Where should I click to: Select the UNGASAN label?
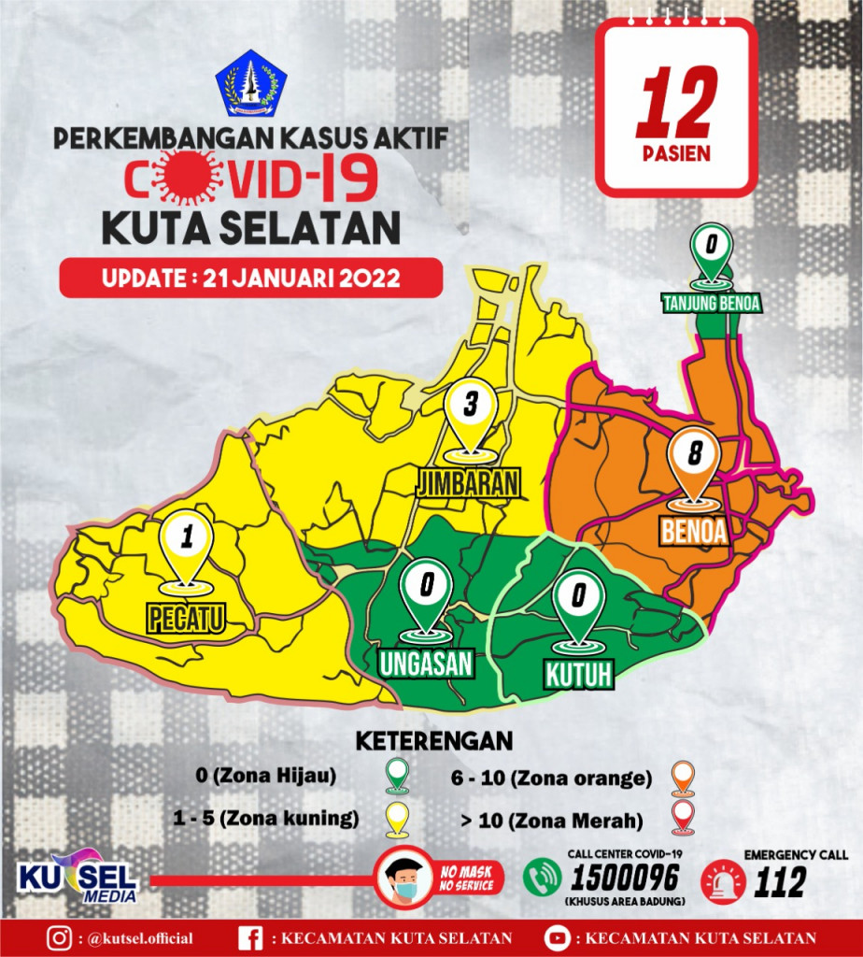coord(426,663)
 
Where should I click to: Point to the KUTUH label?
coord(580,673)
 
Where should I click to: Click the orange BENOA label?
coord(694,530)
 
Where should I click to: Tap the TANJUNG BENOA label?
coord(712,303)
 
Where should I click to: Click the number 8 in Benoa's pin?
coord(694,455)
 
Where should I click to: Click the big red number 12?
coord(676,103)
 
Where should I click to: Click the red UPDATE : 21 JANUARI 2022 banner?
coord(250,279)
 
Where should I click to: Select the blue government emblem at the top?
coord(251,83)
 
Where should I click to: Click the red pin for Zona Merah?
coord(685,820)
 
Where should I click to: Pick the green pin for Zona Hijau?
coord(399,776)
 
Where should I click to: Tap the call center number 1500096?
coord(626,879)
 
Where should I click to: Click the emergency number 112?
coord(780,881)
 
